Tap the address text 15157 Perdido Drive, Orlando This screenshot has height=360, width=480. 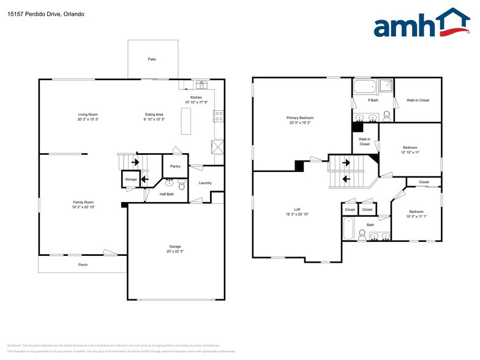tap(45, 13)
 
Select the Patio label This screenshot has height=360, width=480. tap(152, 59)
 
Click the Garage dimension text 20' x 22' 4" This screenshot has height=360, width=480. tap(174, 252)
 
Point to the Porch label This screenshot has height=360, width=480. tap(82, 264)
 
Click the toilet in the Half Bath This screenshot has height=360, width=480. tap(182, 184)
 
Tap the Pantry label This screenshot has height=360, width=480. tap(175, 166)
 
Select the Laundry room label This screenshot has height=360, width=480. tap(205, 182)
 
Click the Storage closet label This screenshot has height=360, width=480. tap(131, 179)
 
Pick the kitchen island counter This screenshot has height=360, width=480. tap(186, 121)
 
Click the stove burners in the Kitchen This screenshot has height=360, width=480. tap(219, 116)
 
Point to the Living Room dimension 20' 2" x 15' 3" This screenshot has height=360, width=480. tap(88, 120)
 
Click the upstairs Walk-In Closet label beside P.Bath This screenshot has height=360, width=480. tap(418, 100)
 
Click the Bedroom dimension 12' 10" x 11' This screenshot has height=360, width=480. tap(410, 152)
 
